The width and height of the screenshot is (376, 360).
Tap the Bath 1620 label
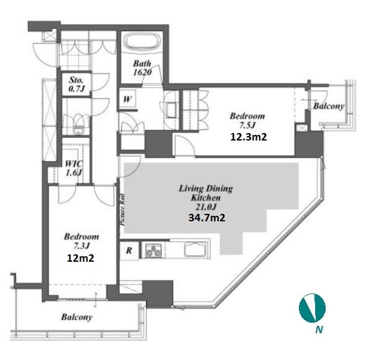pos(142,68)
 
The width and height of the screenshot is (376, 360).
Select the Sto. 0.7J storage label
pos(76,84)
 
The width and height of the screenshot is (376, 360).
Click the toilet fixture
pos(78,124)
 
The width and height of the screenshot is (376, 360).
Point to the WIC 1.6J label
pos(74,168)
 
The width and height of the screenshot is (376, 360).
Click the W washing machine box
pos(128,99)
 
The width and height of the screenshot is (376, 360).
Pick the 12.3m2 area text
pos(249,137)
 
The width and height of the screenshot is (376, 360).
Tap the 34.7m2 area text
pos(207,218)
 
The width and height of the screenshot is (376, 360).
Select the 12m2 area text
pos(80,258)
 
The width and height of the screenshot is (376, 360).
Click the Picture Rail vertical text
pos(122,210)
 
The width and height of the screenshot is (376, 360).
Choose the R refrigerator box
pos(129,251)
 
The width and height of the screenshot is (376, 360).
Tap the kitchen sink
pos(195,250)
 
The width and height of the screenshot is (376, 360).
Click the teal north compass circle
pos(312,308)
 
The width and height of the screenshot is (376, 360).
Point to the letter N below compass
pos(319,330)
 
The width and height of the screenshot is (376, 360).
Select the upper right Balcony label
pos(329,106)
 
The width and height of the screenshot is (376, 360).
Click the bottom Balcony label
pos(76,317)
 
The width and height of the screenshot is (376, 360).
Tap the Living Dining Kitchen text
pos(206,193)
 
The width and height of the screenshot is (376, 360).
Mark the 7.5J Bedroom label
pos(247,121)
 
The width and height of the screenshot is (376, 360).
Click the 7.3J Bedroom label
pos(81,241)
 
